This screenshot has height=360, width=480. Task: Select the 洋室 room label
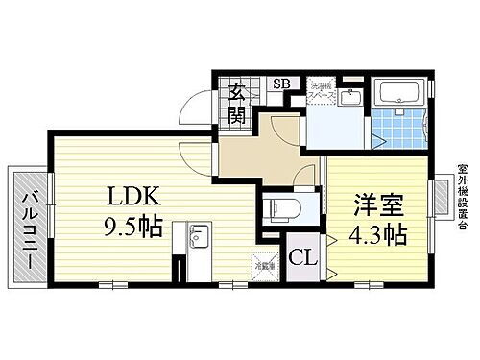(380, 204)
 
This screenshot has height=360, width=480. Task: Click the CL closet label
(304, 257)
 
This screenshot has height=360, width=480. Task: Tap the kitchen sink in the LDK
(199, 238)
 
